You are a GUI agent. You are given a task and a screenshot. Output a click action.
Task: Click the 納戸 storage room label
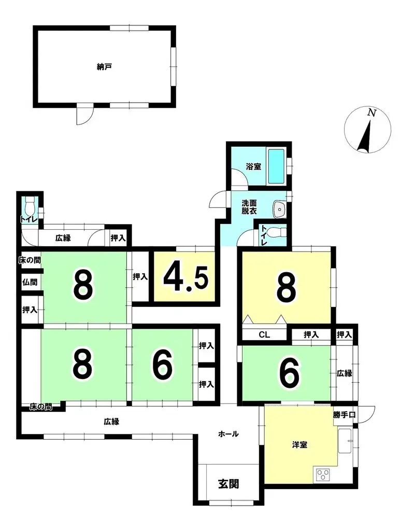(105, 67)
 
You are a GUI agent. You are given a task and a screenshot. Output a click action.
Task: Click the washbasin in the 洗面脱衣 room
(280, 210)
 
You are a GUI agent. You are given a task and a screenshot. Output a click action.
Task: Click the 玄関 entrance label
(228, 484)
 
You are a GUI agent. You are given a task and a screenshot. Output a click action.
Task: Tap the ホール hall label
(228, 434)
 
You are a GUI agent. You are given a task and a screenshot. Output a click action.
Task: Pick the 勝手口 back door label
(344, 414)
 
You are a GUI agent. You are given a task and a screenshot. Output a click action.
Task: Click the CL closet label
(264, 334)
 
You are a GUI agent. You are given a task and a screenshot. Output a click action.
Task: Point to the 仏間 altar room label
(28, 283)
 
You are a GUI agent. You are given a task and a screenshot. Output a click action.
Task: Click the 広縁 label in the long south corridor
(111, 422)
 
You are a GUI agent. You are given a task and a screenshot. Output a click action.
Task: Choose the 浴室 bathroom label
(253, 167)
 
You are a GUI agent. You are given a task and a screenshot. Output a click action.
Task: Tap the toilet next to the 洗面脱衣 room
(277, 232)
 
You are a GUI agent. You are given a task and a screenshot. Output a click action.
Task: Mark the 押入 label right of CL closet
(311, 334)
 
